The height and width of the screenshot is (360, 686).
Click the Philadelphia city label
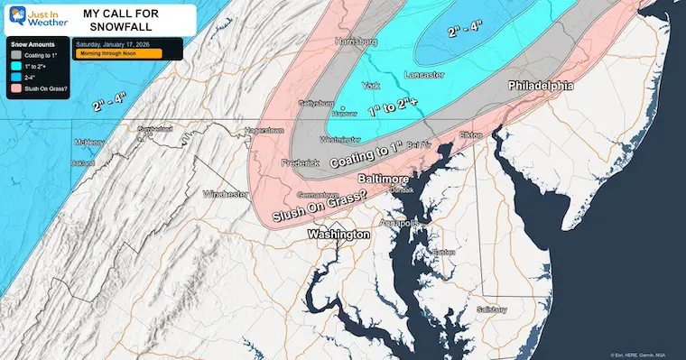541,87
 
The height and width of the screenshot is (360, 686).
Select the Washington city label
338,234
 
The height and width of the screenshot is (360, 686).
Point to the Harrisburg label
354,42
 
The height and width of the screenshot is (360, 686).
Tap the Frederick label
301,162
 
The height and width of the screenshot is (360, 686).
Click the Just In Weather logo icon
15,17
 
